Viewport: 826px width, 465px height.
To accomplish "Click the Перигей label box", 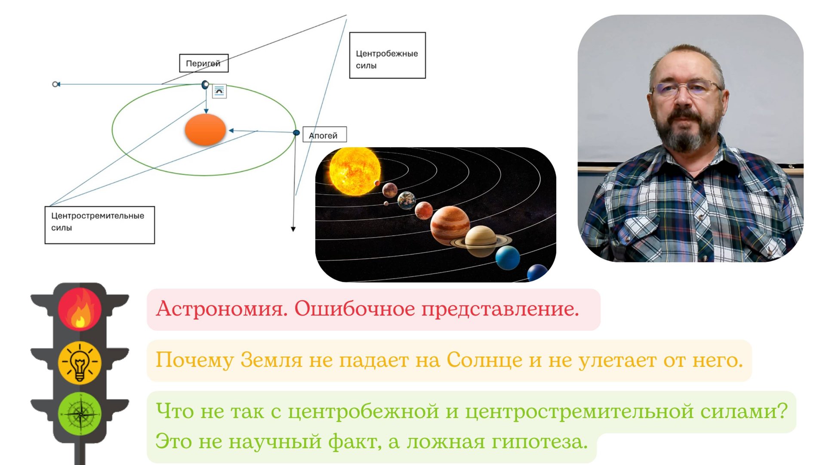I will click(x=203, y=63).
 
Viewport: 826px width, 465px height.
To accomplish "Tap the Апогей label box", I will click(x=324, y=135).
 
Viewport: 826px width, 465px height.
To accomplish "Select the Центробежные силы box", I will click(x=387, y=55).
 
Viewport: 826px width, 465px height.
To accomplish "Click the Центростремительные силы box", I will click(x=99, y=225).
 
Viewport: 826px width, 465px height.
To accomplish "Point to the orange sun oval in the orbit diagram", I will click(x=205, y=129).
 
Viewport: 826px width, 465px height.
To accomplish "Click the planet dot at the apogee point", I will click(x=296, y=133).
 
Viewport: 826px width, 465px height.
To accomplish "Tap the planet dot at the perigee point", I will click(x=205, y=84).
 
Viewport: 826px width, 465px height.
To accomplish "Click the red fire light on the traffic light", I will click(x=80, y=309).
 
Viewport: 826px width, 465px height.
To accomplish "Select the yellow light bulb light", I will click(x=80, y=362).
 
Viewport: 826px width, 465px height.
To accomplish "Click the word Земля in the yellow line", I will click(x=271, y=360).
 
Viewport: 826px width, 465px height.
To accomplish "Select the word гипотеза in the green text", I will click(x=539, y=441).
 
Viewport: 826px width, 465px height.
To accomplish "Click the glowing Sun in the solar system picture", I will click(x=354, y=171).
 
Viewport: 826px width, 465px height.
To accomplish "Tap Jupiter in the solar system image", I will click(x=450, y=224).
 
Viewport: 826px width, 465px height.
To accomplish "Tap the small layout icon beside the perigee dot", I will click(x=219, y=91).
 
